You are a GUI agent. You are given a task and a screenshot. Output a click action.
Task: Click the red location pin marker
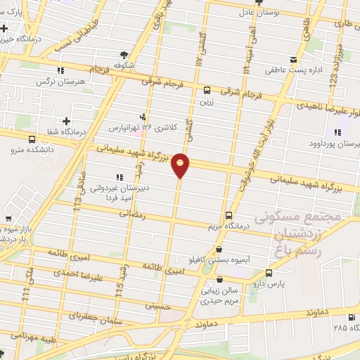click(181, 165)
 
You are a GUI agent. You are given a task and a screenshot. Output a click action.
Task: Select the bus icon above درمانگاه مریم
click(229, 216)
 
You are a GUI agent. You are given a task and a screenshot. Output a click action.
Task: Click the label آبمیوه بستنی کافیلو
click(221, 259)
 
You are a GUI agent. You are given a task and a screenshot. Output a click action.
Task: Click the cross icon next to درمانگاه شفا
click(66, 121)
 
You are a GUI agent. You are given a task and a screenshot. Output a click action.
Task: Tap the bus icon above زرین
click(207, 90)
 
